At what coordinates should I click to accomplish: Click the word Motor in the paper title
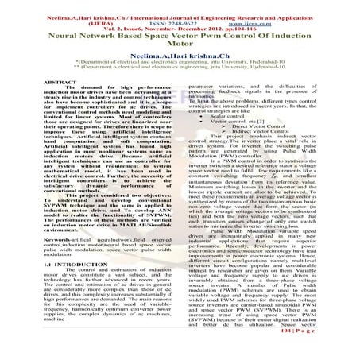[x=180, y=45]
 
